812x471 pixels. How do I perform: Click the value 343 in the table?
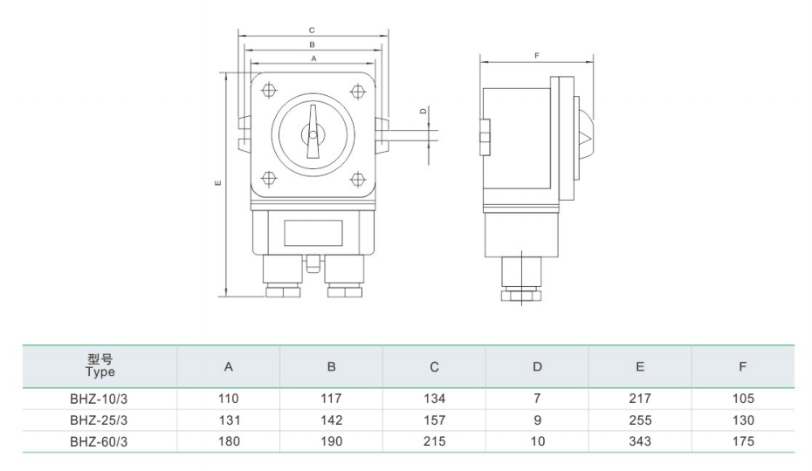(x=640, y=441)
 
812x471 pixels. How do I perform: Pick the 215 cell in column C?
(x=434, y=441)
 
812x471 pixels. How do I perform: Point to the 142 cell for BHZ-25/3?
(x=331, y=420)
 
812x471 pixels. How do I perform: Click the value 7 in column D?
(x=537, y=399)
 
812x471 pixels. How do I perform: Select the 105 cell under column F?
(x=743, y=399)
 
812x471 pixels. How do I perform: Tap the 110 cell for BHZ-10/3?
(x=228, y=399)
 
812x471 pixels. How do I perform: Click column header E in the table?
(x=640, y=367)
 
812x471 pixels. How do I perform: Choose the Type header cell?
(x=100, y=366)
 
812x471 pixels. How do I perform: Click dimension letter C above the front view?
(x=312, y=31)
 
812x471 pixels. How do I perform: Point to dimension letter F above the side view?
(x=537, y=56)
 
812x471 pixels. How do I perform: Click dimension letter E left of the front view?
(x=217, y=182)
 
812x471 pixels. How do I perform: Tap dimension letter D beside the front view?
(x=423, y=111)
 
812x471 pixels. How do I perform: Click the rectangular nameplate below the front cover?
(x=312, y=233)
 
